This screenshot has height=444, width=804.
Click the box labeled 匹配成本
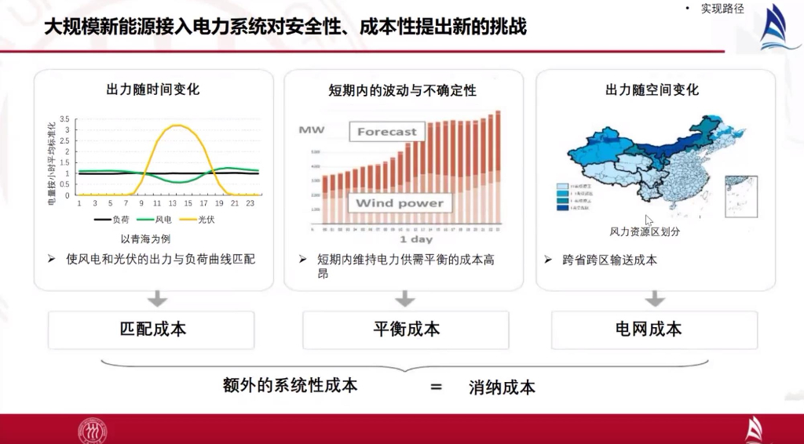pyautogui.click(x=152, y=329)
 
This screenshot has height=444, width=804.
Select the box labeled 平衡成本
pyautogui.click(x=405, y=329)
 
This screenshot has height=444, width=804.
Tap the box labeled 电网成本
pyautogui.click(x=654, y=329)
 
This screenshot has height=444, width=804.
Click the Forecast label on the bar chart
pyautogui.click(x=387, y=131)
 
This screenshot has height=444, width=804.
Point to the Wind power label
pyautogui.click(x=399, y=203)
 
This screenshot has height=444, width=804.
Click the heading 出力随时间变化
pyautogui.click(x=153, y=89)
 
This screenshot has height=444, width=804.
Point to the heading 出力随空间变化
pyautogui.click(x=652, y=89)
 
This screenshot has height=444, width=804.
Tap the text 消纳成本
pyautogui.click(x=502, y=387)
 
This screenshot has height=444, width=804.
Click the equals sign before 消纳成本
pyautogui.click(x=436, y=387)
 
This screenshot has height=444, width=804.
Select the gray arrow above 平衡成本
pyautogui.click(x=404, y=298)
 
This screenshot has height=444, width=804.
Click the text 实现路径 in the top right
pyautogui.click(x=722, y=9)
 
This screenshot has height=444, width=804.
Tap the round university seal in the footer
pyautogui.click(x=92, y=430)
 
